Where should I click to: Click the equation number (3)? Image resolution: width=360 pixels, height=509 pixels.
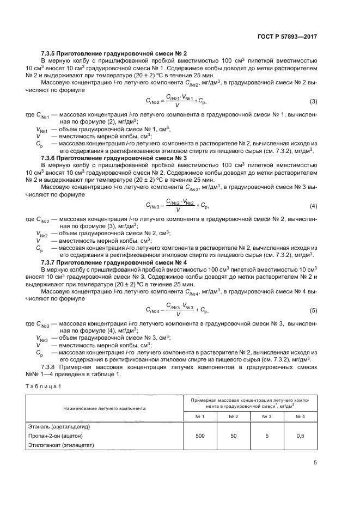(x=313, y=102)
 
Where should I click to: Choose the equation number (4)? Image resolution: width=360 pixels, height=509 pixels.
(x=313, y=206)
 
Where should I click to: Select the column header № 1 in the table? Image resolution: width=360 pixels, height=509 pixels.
(x=200, y=416)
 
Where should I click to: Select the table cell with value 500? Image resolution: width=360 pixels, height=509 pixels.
(x=200, y=436)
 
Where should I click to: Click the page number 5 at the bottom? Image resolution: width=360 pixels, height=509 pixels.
(x=315, y=463)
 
